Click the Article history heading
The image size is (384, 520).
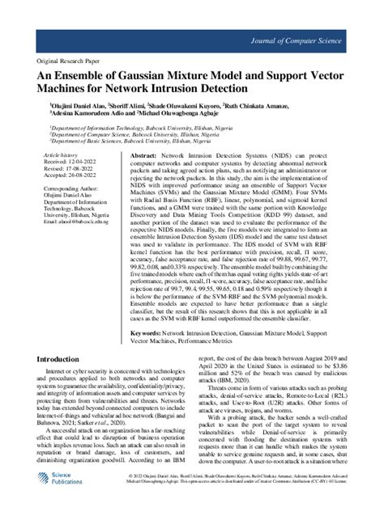pos(62,153)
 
